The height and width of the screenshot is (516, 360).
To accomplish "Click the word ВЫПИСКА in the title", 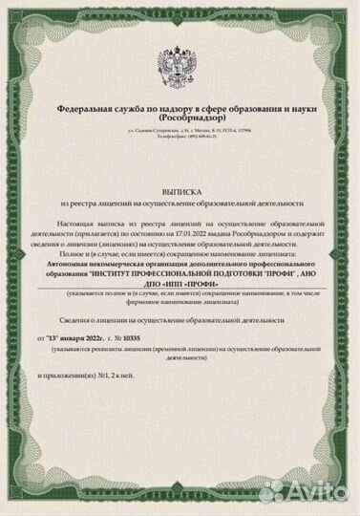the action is pos(180,191).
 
